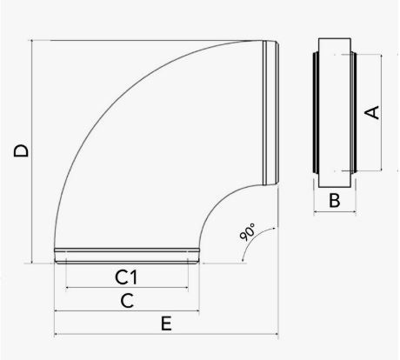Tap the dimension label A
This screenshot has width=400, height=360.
[371, 111]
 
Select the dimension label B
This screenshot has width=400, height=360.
[333, 203]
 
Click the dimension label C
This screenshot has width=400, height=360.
[126, 301]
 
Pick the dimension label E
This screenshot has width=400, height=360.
[166, 323]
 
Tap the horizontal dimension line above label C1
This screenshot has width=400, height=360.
[128, 287]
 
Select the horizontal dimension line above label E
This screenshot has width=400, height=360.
[166, 334]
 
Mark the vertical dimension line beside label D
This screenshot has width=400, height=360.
[34, 150]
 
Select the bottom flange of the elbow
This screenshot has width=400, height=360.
[127, 255]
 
